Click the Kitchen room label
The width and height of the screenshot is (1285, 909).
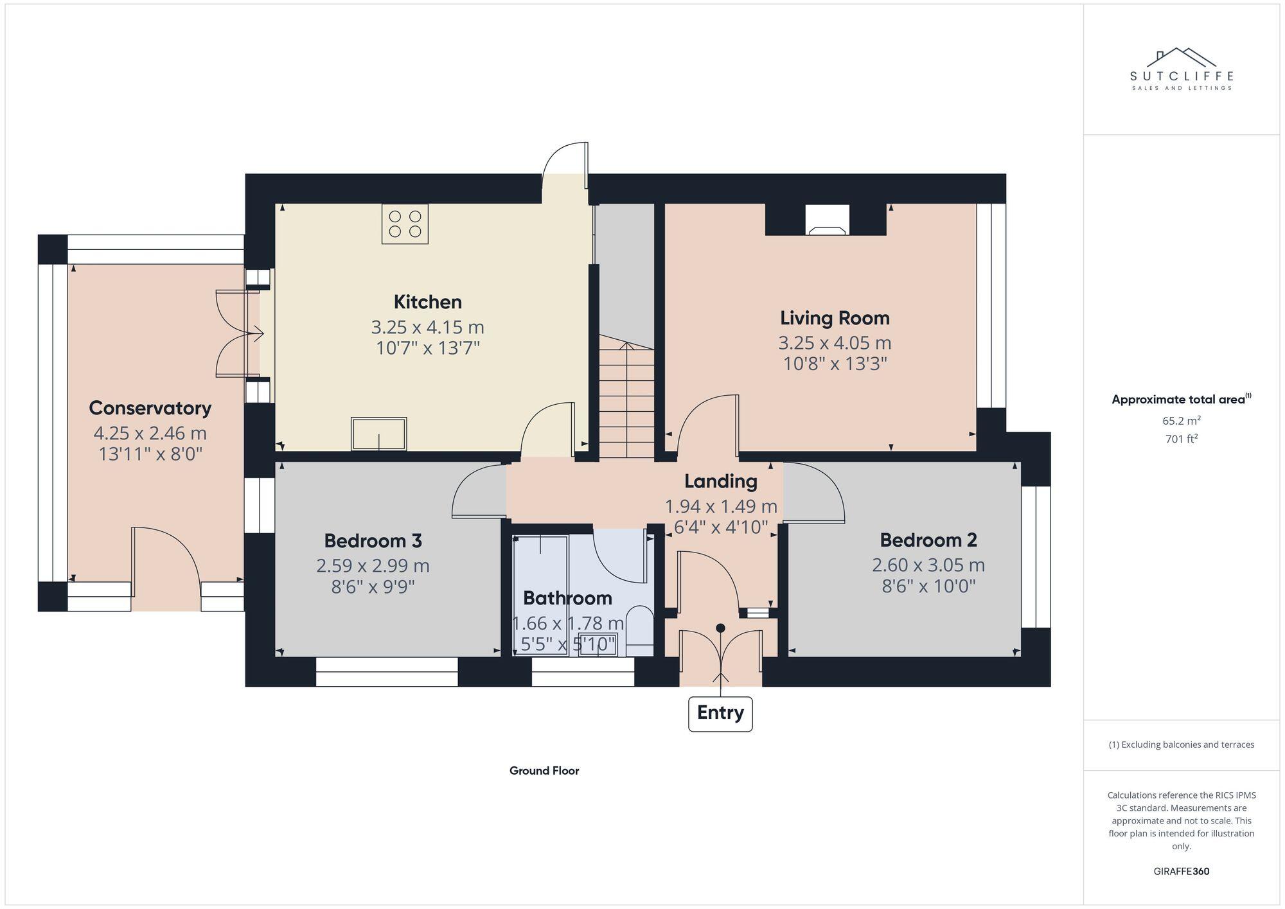point(427,302)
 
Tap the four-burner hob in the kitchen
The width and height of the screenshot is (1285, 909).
point(405,224)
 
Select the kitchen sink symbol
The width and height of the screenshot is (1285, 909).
point(379,434)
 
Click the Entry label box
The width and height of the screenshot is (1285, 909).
point(720,712)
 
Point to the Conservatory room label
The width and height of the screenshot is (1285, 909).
point(150,408)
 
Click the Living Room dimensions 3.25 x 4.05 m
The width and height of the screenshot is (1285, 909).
point(835,342)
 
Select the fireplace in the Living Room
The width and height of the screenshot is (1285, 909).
point(826,220)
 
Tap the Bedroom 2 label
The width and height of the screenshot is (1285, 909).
point(928,540)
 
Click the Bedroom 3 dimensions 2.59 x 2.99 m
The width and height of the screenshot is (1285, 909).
point(373,566)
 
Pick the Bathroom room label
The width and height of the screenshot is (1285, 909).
point(567,598)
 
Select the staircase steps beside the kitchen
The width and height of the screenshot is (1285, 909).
point(626,402)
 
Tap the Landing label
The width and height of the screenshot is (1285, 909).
point(720,481)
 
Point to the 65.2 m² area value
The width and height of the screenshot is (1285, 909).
point(1181,421)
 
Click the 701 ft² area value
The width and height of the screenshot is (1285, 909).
point(1181,439)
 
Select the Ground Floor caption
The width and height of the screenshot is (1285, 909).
point(544,771)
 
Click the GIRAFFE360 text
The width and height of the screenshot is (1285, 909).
point(1181,872)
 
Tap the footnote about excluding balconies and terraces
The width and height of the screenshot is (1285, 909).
point(1181,745)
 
